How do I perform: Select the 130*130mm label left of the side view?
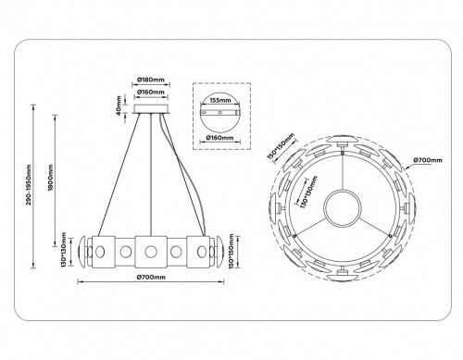tap(61, 248)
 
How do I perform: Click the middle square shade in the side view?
tap(148, 249)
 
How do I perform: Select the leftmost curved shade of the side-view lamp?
tap(83, 249)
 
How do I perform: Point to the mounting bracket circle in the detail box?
tap(219, 118)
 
